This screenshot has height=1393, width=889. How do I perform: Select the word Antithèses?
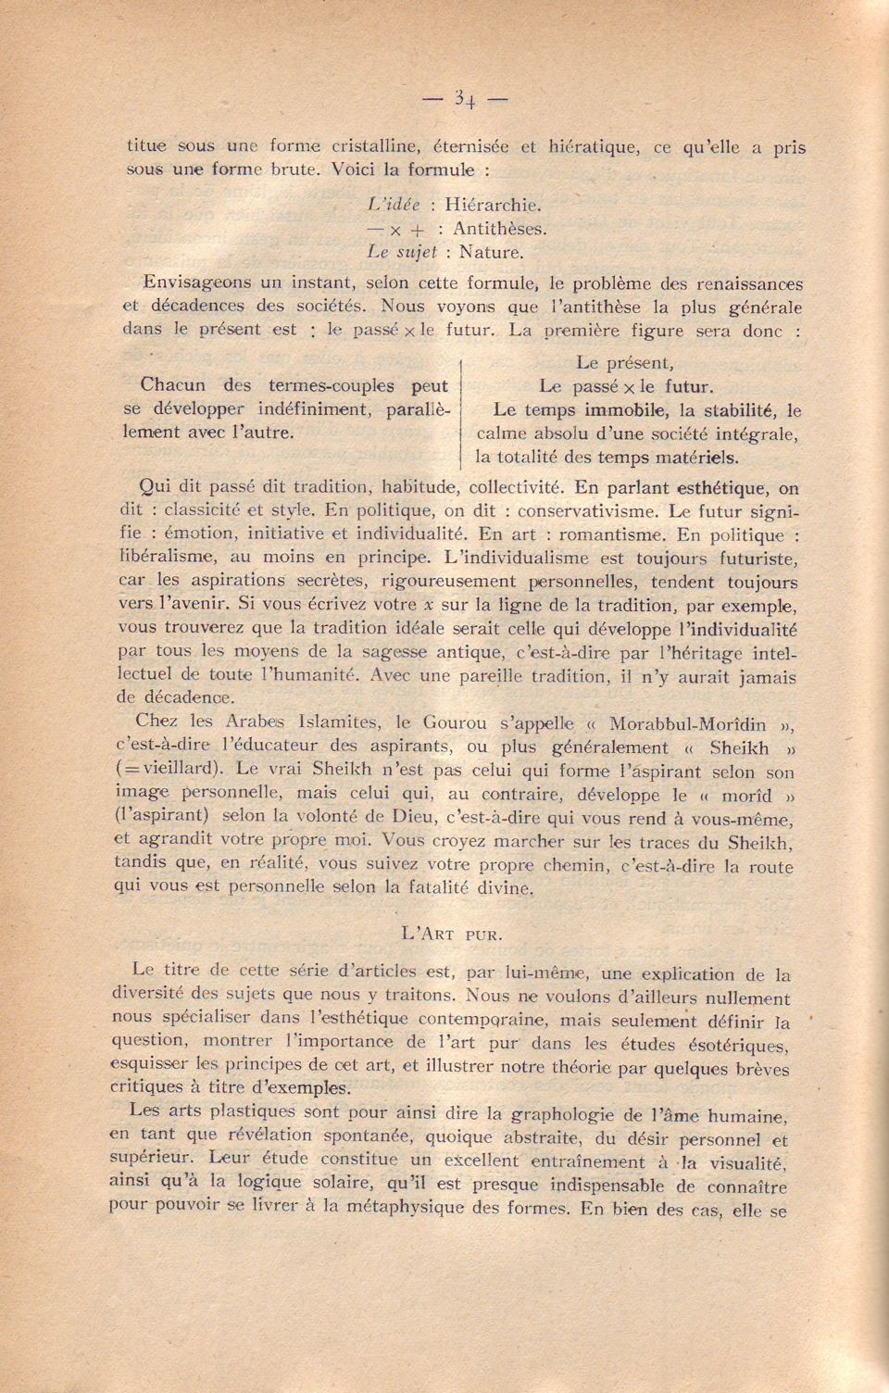pyautogui.click(x=500, y=227)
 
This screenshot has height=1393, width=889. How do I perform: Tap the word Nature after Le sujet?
pyautogui.click(x=492, y=250)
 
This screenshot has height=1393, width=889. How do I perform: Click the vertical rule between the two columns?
pyautogui.click(x=461, y=408)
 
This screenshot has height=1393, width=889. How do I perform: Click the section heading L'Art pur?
pyautogui.click(x=452, y=934)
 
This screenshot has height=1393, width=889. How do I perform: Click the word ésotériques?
pyautogui.click(x=732, y=1045)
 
